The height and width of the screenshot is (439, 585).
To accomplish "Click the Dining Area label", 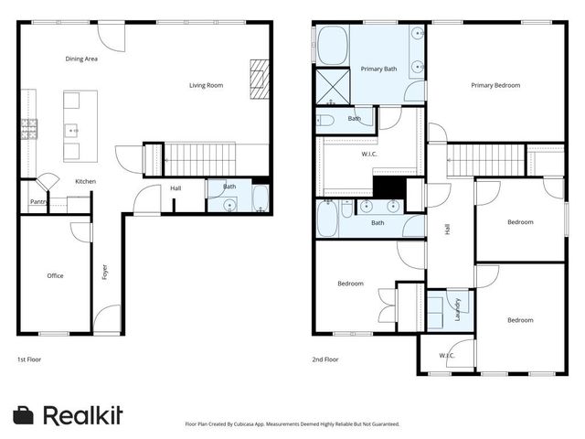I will click(x=81, y=59).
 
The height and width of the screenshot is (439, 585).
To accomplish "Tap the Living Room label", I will click(x=206, y=85).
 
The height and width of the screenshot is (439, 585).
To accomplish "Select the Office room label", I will click(x=56, y=274).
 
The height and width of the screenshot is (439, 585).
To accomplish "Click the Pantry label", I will click(x=37, y=202).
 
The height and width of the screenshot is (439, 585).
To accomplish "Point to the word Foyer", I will click(x=105, y=272).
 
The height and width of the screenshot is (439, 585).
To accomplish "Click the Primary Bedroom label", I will click(x=495, y=85).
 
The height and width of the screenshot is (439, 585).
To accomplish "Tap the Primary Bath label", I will click(x=378, y=69).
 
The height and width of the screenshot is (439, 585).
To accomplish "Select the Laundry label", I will click(x=455, y=310).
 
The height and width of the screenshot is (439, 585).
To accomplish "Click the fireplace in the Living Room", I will click(x=261, y=79).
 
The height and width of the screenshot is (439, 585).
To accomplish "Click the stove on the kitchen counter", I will click(x=30, y=129).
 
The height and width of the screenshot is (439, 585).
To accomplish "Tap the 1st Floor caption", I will click(x=29, y=359).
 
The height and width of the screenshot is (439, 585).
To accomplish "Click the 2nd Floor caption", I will click(x=325, y=359).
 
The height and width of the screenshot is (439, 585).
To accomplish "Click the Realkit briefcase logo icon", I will click(x=24, y=414).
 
